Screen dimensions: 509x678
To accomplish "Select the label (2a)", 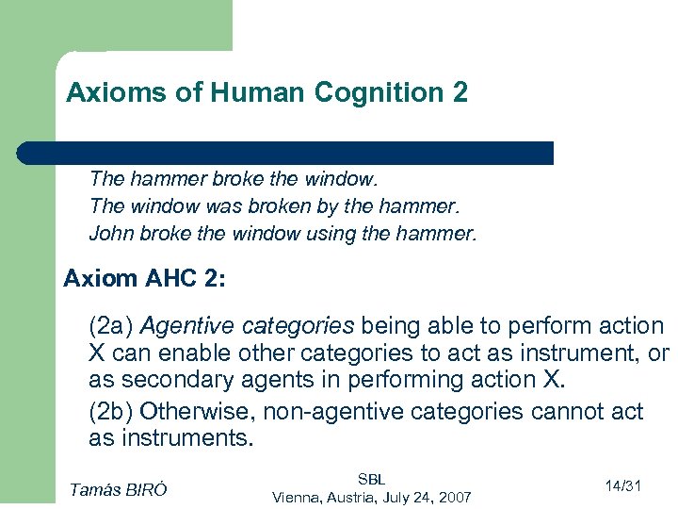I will [x=110, y=326].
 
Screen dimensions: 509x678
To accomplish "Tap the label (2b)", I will [x=110, y=412].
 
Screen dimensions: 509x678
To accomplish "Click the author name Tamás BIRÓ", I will [x=119, y=488].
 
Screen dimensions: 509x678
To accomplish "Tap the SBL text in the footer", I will [x=372, y=479].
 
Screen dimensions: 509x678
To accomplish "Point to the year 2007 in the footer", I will [x=453, y=497].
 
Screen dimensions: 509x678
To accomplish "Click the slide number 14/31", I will [x=623, y=486].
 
